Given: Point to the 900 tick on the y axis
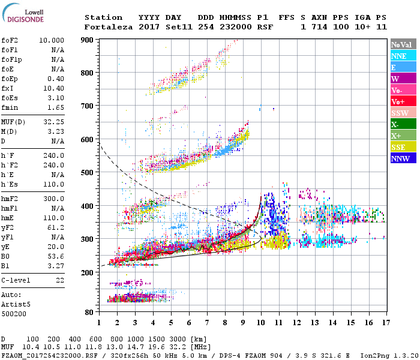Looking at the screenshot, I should [x=88, y=40].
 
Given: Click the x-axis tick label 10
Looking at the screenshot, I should [x=261, y=323].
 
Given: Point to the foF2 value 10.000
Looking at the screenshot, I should [x=52, y=40].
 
